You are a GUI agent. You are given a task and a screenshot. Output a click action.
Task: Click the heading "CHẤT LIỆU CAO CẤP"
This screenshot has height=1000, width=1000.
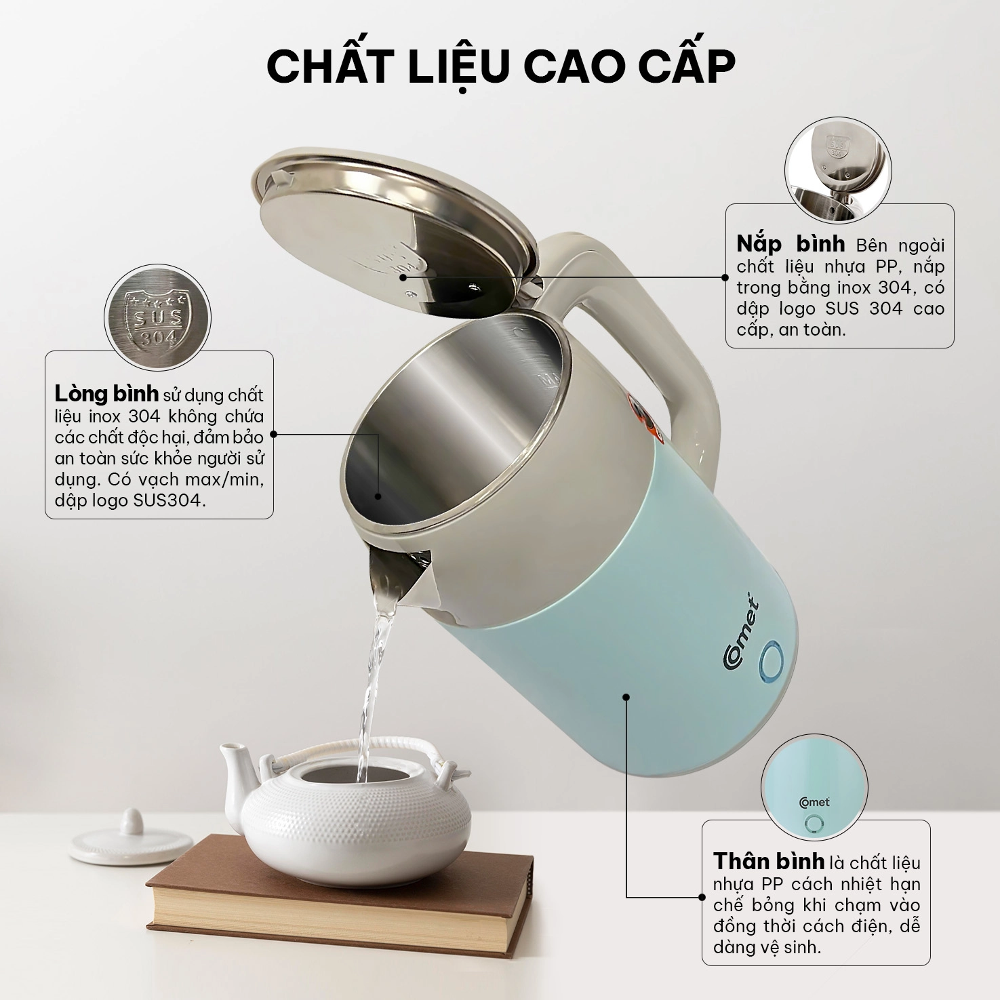click(500, 66)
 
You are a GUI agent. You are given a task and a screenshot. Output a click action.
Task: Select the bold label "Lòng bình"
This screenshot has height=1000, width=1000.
click(107, 393)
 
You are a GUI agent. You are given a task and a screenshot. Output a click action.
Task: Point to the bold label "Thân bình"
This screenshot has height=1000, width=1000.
click(769, 861)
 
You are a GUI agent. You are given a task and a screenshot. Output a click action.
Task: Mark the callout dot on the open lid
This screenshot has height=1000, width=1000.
click(403, 277)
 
